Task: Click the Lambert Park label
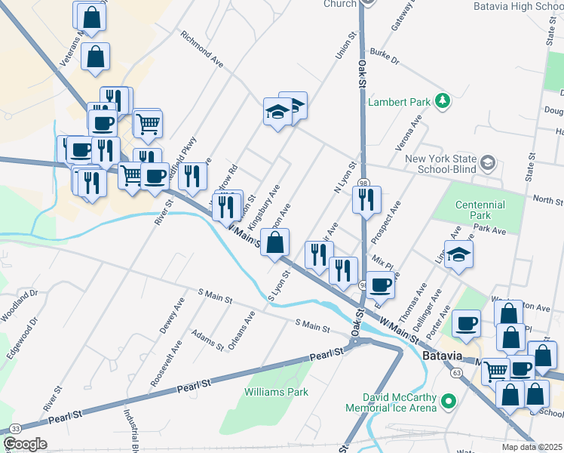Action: (x=397, y=101)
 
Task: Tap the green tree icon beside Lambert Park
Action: (x=444, y=100)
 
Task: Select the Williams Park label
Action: (x=276, y=392)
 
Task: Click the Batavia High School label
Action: (x=518, y=6)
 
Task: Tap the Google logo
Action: (x=24, y=444)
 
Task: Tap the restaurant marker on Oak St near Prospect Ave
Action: (x=366, y=200)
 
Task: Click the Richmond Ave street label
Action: (x=202, y=48)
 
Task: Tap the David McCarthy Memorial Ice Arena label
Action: (x=391, y=402)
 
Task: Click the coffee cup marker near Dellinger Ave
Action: (x=467, y=322)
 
